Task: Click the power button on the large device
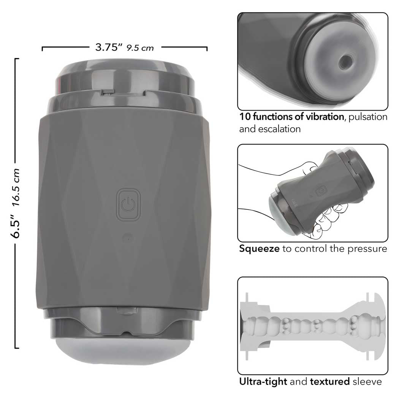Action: coord(128,204)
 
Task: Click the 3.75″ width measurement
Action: coord(109,47)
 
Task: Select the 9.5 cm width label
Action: coord(140,48)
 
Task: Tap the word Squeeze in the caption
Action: coord(259,249)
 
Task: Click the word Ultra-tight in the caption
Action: coord(263,382)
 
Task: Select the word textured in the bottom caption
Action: coord(330,382)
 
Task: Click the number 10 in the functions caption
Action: coord(245,117)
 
